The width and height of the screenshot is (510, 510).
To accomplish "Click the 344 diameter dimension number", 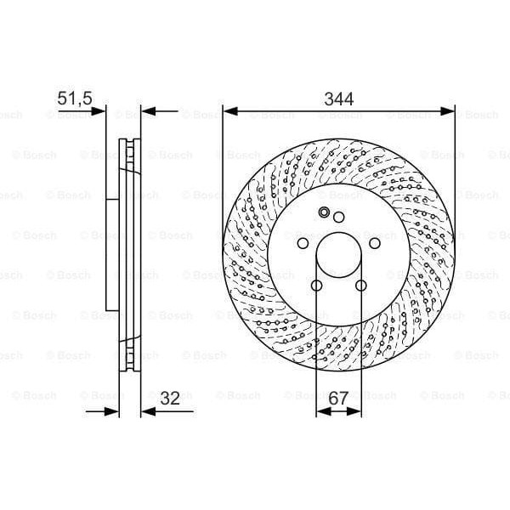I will click(338, 99).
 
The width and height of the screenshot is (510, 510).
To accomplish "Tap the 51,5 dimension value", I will click(74, 99).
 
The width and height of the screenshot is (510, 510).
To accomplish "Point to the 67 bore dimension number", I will click(339, 397).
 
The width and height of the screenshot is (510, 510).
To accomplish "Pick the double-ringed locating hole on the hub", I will click(324, 212).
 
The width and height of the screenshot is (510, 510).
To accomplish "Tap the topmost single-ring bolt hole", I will click(338, 218).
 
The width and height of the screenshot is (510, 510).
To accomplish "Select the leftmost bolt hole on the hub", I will click(303, 244).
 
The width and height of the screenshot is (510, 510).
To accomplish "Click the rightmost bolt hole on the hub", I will click(375, 244).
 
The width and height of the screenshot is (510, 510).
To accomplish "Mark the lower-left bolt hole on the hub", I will click(316, 286).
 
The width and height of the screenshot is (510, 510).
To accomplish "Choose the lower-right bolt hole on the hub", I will click(361, 286).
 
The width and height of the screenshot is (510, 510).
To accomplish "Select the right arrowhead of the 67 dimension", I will click(357, 411).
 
